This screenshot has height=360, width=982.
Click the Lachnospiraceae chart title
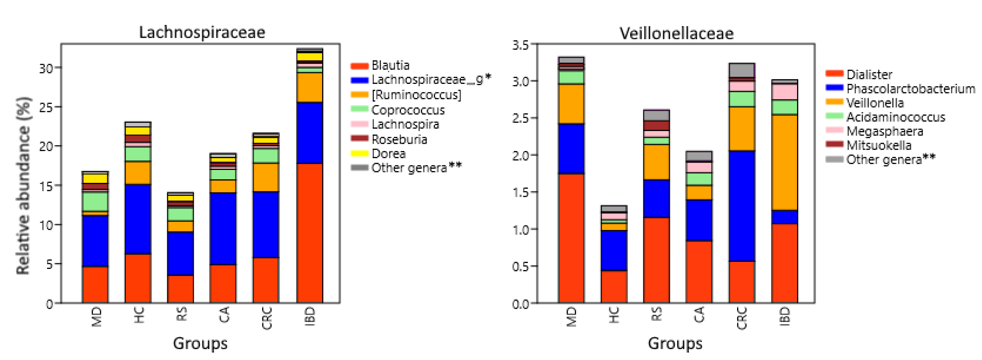click(x=202, y=32)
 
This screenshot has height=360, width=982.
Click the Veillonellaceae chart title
click(x=676, y=34)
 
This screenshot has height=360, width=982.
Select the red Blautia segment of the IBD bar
click(x=309, y=233)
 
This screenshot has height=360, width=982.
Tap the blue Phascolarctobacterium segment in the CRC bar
click(x=742, y=206)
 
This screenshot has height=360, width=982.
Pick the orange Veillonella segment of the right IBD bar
click(x=784, y=162)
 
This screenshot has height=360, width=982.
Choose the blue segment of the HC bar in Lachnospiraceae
click(x=138, y=219)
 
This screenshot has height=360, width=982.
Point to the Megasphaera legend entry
click(x=884, y=132)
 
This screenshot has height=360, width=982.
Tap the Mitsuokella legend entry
click(x=879, y=145)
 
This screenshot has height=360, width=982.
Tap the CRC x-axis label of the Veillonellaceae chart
click(x=742, y=318)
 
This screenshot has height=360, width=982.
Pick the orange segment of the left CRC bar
click(x=266, y=177)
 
